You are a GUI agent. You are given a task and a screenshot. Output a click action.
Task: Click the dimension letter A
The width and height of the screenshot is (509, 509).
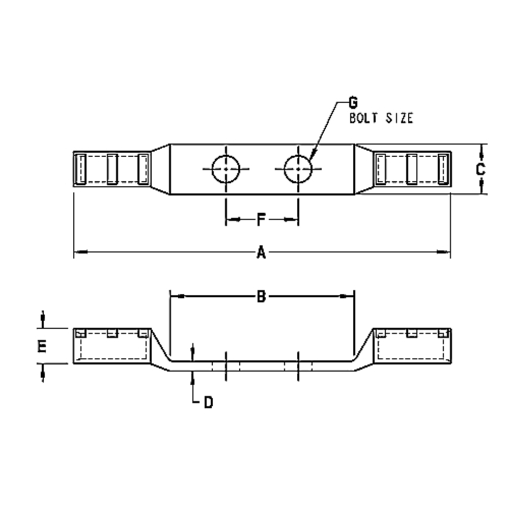click(x=261, y=252)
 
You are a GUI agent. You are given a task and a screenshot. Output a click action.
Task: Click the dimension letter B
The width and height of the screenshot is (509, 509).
click(x=261, y=296)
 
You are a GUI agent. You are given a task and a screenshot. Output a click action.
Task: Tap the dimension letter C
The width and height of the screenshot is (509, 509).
click(x=480, y=169)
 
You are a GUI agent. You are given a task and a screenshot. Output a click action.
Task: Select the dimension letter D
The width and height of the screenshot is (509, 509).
click(x=208, y=403)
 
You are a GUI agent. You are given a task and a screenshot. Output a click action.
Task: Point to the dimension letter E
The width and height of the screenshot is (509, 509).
click(x=42, y=347)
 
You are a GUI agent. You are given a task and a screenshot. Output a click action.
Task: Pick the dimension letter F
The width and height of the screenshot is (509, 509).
click(x=261, y=220)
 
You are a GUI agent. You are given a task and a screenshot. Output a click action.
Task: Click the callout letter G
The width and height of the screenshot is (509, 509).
click(x=352, y=103)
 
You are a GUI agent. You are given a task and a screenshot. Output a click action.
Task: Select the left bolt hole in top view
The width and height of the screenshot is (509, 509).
click(x=225, y=169)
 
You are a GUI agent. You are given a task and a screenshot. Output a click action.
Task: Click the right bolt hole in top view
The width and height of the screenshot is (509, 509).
click(x=298, y=169)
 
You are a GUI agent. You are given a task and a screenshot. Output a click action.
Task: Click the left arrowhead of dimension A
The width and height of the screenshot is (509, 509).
click(x=79, y=251)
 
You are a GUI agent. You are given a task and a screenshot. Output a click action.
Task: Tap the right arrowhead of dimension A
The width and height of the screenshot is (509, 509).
click(x=446, y=251)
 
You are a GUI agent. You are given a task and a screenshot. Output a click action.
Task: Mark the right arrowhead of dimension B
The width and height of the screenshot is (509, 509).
click(x=349, y=296)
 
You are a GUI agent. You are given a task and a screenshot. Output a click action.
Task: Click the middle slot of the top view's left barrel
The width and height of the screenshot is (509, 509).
click(x=112, y=169)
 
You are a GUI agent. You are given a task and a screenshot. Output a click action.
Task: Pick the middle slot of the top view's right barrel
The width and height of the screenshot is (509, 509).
click(x=412, y=169)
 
